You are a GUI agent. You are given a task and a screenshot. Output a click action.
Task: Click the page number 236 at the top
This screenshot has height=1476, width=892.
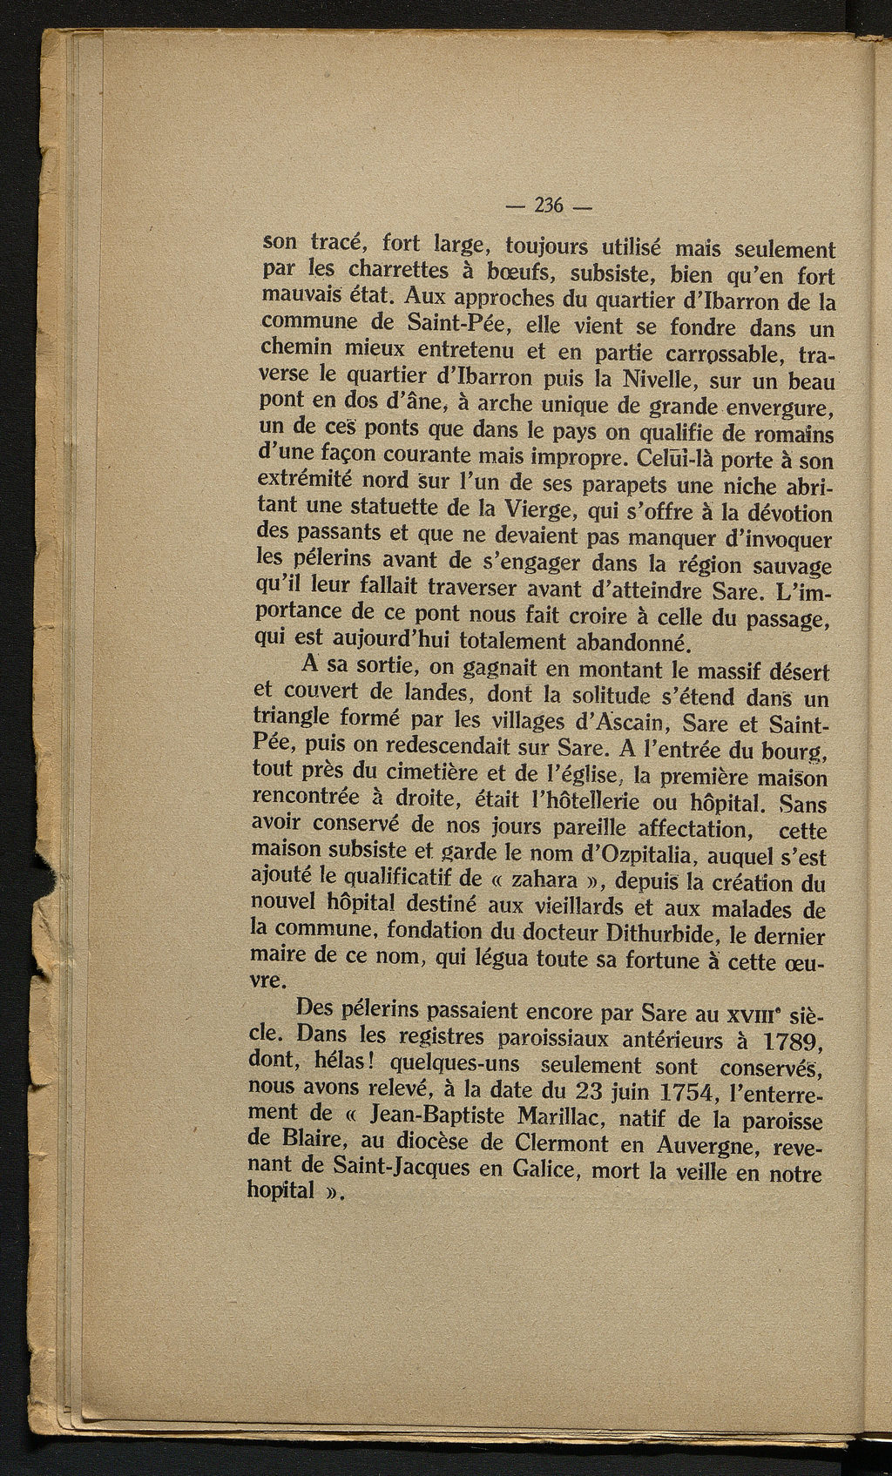548,206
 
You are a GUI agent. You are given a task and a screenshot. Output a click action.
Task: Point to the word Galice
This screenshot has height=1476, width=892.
543,1170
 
